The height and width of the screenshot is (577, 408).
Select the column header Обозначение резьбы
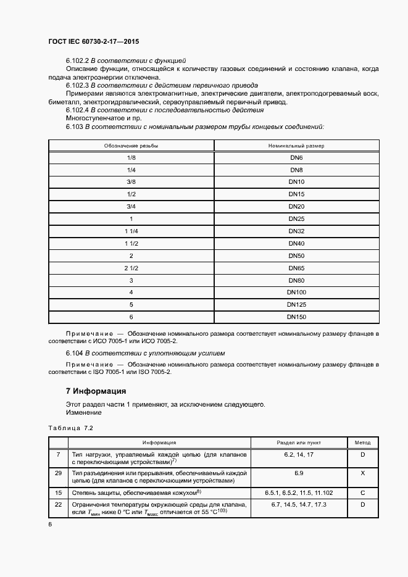(131, 146)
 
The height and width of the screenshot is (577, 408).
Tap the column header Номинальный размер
(296, 146)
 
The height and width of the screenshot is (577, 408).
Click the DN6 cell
(296, 158)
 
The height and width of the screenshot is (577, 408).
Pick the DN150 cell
(296, 317)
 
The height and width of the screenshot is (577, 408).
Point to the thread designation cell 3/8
(131, 182)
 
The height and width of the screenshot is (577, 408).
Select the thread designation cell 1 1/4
(131, 231)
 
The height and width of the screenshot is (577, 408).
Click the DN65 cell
(296, 268)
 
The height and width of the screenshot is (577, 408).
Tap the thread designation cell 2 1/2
(131, 268)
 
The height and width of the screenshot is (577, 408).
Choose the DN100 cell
(296, 293)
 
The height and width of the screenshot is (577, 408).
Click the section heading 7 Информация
(96, 391)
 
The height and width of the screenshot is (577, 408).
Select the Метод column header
(362, 442)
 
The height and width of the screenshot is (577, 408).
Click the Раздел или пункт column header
(299, 442)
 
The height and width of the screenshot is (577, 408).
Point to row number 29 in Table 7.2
(58, 472)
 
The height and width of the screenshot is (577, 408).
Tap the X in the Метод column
(362, 472)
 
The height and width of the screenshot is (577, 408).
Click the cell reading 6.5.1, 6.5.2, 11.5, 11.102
(299, 492)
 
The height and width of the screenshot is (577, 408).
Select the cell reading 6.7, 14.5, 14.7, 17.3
(299, 505)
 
